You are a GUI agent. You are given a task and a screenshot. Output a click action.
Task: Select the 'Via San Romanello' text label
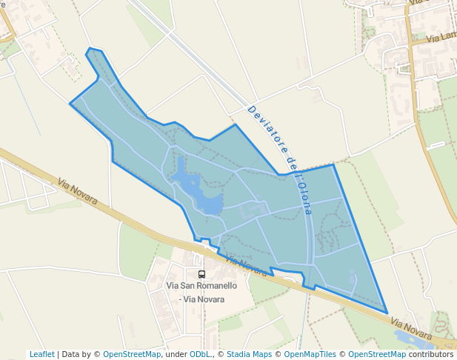201,286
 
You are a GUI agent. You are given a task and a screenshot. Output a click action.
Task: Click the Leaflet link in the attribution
41,354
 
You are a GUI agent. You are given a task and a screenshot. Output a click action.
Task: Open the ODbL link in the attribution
200,354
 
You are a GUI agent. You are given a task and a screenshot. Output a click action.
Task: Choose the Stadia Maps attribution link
249,354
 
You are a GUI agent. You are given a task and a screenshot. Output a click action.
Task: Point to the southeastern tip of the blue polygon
387,313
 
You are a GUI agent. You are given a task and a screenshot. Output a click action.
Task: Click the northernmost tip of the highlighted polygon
90,49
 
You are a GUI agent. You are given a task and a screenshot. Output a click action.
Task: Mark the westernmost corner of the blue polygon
70,104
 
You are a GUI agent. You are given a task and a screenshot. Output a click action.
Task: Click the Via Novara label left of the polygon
78,191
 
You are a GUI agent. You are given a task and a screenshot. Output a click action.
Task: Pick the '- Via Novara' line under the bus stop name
201,299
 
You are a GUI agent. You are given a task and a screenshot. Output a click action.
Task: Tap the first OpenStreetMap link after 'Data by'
132,354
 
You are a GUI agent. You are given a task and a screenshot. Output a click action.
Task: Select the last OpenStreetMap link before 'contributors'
377,354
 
